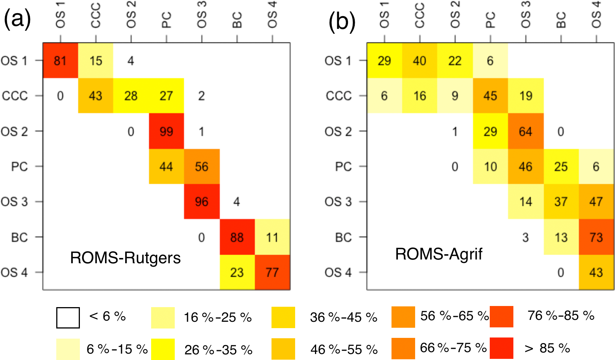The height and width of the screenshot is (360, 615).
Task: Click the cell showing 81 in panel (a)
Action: (x=60, y=60)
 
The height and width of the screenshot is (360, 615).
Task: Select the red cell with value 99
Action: (x=166, y=131)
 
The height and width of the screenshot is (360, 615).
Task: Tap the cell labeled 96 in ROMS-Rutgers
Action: (x=202, y=202)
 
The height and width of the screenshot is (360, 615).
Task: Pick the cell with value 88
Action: (x=237, y=237)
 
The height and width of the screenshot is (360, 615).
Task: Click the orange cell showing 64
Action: (x=525, y=131)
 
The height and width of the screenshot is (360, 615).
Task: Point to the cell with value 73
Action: (x=596, y=237)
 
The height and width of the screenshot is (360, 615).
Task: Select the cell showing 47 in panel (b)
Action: (x=596, y=202)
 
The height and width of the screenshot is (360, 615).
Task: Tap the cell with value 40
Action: (x=420, y=60)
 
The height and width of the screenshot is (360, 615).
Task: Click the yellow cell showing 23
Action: (x=237, y=272)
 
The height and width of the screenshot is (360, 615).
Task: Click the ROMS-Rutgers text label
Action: (x=125, y=258)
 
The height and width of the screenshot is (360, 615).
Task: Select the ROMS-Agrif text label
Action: (x=439, y=254)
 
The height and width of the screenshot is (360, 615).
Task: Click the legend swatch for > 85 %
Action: (x=501, y=348)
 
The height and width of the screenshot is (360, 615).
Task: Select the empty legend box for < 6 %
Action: (x=68, y=318)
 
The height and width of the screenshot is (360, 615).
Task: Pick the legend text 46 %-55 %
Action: (x=344, y=349)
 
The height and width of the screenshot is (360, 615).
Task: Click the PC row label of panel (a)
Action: (x=19, y=166)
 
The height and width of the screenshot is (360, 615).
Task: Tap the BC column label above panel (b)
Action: (x=561, y=20)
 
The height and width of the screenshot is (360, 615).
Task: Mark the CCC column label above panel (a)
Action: (x=96, y=16)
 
